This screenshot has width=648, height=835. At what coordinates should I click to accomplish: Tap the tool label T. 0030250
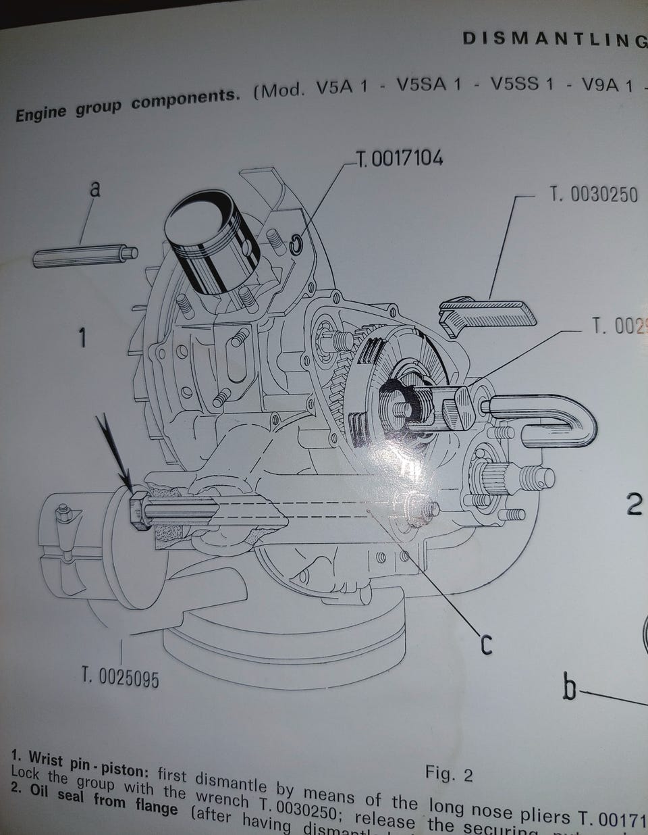click(593, 195)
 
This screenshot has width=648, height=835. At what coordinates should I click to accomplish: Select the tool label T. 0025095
click(121, 676)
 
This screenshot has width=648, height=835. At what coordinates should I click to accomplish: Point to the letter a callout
click(95, 189)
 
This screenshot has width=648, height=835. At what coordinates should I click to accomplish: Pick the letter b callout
click(570, 688)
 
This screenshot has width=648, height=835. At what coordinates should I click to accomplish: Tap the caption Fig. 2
click(449, 774)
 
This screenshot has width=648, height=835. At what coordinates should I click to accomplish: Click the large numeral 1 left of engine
click(82, 336)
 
